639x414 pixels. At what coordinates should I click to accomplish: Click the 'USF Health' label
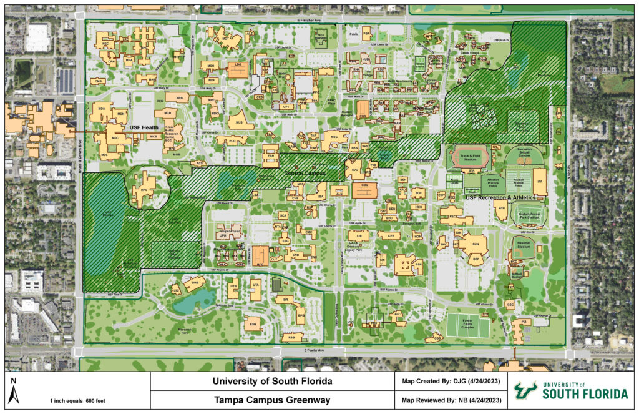point(144,127)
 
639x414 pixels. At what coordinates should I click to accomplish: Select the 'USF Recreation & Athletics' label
point(501,198)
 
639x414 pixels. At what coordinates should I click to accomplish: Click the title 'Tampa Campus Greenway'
point(271,400)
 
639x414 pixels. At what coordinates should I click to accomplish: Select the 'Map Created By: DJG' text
point(449,381)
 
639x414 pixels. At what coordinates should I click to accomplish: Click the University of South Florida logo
point(571,391)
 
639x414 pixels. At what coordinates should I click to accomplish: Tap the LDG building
point(238,69)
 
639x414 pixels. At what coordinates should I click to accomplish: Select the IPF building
point(540,182)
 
